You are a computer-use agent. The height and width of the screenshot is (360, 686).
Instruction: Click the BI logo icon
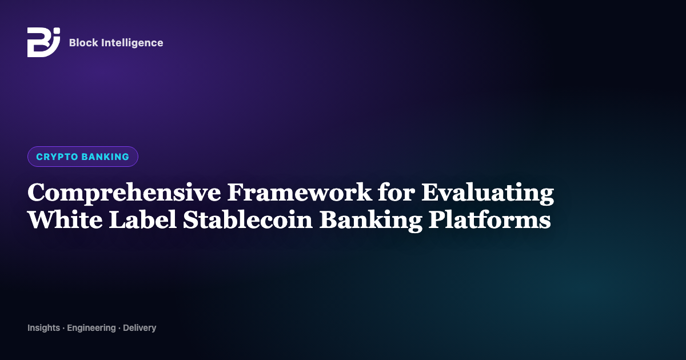tap(43, 42)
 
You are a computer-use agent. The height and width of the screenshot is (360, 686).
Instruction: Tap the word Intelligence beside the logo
tap(132, 43)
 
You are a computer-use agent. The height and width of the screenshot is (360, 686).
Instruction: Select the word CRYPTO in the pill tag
tap(57, 157)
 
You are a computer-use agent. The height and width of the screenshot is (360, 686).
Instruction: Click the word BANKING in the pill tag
tap(106, 157)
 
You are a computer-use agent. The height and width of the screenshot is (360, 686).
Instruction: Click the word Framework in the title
tap(300, 192)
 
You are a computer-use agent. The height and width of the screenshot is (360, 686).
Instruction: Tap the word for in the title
tap(396, 192)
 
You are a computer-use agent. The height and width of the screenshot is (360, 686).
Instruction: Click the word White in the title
tap(65, 219)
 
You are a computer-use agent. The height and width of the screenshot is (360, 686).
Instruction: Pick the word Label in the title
tap(143, 219)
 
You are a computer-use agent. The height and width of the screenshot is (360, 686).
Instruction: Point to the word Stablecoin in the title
tap(248, 219)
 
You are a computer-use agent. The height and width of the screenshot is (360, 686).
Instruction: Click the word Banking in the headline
tap(370, 221)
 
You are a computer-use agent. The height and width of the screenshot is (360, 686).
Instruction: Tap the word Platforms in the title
tap(490, 219)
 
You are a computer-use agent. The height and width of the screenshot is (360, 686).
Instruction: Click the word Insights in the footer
tap(44, 328)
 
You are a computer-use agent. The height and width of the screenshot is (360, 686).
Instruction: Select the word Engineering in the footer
tap(91, 328)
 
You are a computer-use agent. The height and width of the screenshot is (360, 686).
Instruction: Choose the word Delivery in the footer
tap(139, 328)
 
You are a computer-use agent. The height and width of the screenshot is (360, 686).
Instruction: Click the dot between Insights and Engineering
tap(63, 328)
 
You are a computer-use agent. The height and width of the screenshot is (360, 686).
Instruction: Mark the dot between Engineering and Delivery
tap(119, 328)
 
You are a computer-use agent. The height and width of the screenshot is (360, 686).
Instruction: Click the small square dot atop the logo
tap(57, 31)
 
